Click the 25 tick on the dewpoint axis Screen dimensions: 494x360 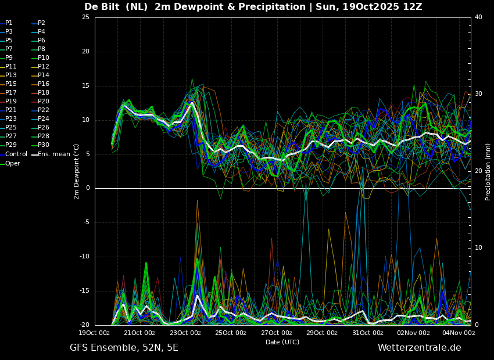click(x=85, y=17)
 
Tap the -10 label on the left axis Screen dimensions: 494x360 click(x=85, y=257)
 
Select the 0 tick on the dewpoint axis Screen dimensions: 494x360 click(x=88, y=188)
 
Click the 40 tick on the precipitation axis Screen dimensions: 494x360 click(x=478, y=17)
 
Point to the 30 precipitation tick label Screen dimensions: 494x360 click(x=478, y=94)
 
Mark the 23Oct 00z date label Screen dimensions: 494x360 click(x=185, y=333)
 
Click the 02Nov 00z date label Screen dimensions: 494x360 click(x=414, y=333)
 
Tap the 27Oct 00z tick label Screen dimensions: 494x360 click(x=277, y=333)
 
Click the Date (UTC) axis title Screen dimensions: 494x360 click(x=282, y=342)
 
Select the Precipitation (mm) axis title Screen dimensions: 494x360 click(x=488, y=171)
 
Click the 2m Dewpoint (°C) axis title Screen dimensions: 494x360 click(x=76, y=171)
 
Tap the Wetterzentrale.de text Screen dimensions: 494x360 click(x=420, y=348)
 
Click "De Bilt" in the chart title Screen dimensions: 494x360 click(x=102, y=6)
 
